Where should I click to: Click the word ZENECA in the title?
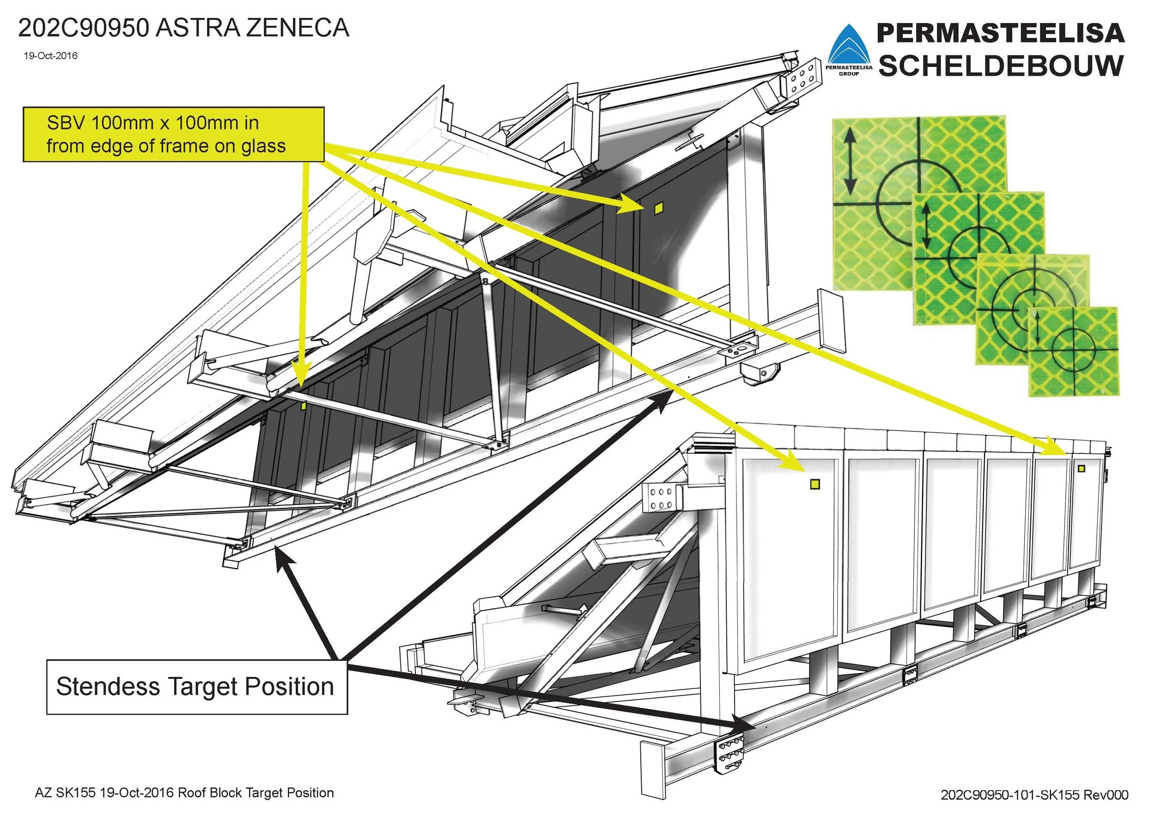coord(298,28)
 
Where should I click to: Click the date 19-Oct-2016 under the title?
coord(50,56)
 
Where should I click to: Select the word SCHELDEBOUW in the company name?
coord(1001,66)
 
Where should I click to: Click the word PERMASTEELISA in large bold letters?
coord(1001,33)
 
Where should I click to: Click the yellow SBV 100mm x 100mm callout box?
coord(174,134)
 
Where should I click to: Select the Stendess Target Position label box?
coord(197,687)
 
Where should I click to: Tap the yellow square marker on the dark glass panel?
coord(658,209)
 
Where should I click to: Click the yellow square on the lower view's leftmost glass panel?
coord(815,484)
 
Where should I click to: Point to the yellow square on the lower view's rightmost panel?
coord(1081,469)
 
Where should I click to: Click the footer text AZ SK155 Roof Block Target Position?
coord(184,793)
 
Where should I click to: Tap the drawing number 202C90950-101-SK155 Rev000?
coord(1034,794)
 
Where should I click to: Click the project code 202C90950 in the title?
coord(84,28)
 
